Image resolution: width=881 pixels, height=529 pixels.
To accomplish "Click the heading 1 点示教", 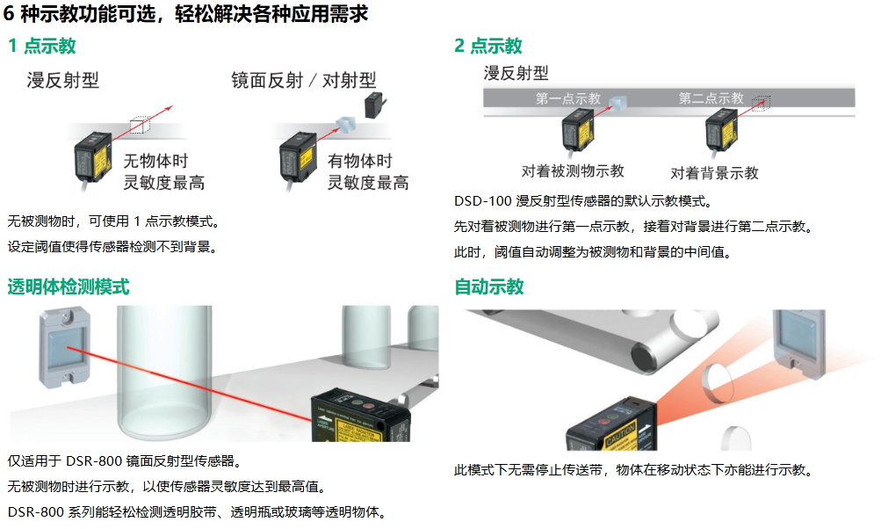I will (x=41, y=46).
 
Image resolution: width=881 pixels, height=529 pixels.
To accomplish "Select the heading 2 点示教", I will (x=488, y=46).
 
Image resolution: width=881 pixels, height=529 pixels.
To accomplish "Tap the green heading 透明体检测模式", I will (x=69, y=286).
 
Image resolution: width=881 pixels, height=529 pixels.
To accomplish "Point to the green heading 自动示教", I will (x=488, y=286).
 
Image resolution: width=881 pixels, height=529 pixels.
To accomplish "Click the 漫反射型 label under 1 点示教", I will (x=63, y=81).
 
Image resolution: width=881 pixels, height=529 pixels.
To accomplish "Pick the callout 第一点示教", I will (x=568, y=98).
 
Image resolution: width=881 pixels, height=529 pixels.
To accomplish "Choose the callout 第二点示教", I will (x=711, y=98).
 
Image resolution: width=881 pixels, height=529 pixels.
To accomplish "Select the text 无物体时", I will (x=155, y=162).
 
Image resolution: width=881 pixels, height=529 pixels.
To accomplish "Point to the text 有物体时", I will (x=359, y=162).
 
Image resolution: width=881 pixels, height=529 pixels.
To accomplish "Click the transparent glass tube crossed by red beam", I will (x=166, y=369).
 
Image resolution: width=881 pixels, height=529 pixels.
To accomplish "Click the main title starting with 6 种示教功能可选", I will (x=185, y=14).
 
